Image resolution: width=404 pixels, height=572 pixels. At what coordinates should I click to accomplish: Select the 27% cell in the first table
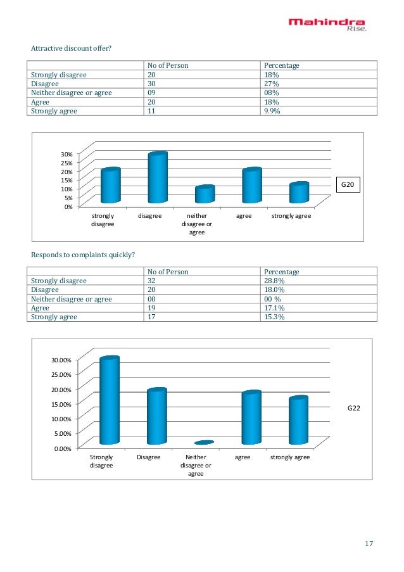(x=271, y=84)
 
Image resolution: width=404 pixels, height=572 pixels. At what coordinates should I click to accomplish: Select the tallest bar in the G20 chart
(x=157, y=178)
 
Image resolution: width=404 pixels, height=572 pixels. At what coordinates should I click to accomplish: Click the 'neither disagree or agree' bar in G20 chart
(x=205, y=194)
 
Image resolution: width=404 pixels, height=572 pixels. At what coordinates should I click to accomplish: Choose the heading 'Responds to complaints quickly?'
(x=83, y=255)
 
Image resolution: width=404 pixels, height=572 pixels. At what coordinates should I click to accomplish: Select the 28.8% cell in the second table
(x=275, y=281)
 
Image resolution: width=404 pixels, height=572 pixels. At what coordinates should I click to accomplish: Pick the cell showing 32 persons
(x=152, y=281)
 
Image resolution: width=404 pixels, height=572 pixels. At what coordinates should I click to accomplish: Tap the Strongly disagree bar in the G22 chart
(x=109, y=401)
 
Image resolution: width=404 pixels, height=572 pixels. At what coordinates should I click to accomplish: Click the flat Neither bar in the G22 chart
(x=204, y=442)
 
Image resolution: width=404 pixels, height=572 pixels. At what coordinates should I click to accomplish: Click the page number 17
(x=370, y=544)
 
